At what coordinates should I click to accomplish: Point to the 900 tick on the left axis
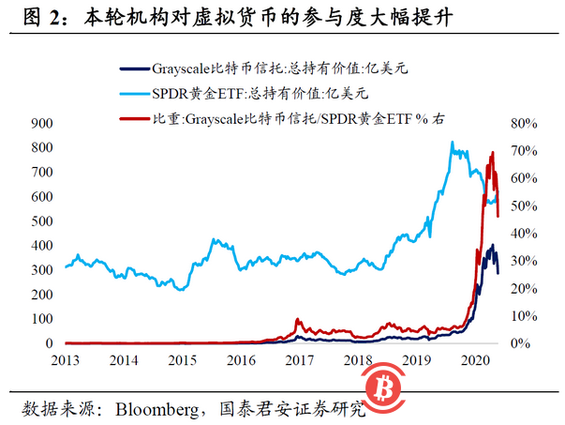tap(40, 124)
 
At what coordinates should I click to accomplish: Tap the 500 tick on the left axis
tap(40, 221)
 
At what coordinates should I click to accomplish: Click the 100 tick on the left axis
tap(40, 320)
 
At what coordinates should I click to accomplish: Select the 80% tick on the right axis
tap(521, 124)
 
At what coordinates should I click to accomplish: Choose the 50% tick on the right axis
tap(521, 206)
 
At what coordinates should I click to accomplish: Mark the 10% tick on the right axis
tap(521, 316)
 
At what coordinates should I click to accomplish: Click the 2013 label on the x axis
tap(65, 360)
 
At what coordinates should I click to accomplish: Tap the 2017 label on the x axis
tap(298, 360)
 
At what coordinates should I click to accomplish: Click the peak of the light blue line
tap(453, 143)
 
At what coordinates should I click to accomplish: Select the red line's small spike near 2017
tap(298, 320)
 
